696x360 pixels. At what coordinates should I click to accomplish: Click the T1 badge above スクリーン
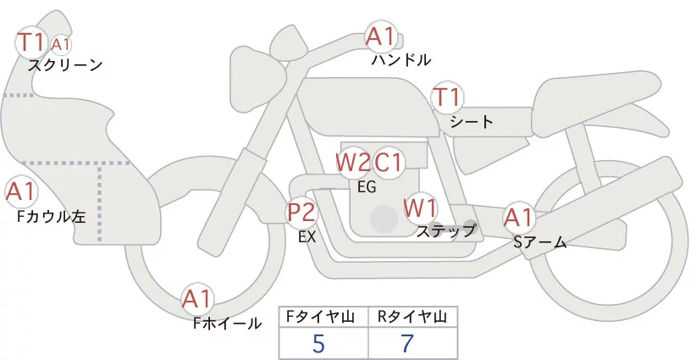pyautogui.click(x=32, y=42)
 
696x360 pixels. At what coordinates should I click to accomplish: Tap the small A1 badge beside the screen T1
pyautogui.click(x=61, y=44)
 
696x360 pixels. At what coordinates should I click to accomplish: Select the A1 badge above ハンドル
pyautogui.click(x=380, y=36)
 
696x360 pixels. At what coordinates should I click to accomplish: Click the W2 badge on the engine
pyautogui.click(x=353, y=162)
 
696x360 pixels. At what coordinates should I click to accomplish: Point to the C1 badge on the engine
pyautogui.click(x=389, y=162)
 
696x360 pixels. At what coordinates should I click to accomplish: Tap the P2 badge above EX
pyautogui.click(x=301, y=212)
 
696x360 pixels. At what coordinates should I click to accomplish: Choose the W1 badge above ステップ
pyautogui.click(x=419, y=207)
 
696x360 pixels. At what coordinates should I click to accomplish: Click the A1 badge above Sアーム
pyautogui.click(x=517, y=217)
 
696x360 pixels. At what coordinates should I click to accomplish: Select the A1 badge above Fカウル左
pyautogui.click(x=20, y=191)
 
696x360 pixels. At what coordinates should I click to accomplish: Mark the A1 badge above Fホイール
pyautogui.click(x=198, y=298)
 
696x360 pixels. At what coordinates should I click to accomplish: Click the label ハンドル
pyautogui.click(x=401, y=60)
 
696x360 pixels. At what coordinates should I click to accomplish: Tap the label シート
pyautogui.click(x=472, y=121)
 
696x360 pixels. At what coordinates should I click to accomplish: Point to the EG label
pyautogui.click(x=367, y=187)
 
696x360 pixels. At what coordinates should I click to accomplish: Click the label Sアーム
pyautogui.click(x=539, y=242)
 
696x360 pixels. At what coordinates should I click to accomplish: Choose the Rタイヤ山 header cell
pyautogui.click(x=412, y=317)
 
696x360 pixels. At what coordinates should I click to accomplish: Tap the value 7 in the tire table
pyautogui.click(x=410, y=344)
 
